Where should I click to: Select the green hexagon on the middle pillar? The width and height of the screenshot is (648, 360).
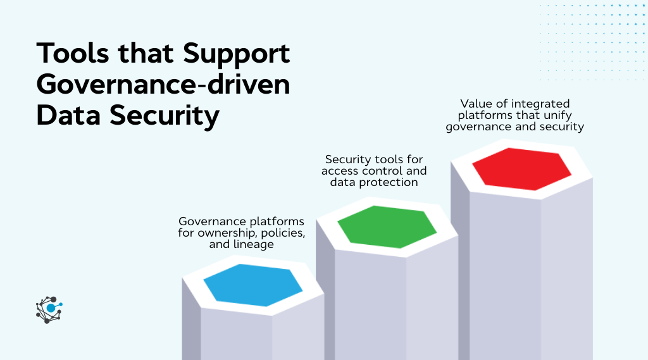pos(387,227)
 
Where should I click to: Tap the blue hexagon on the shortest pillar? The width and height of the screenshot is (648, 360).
pos(253,285)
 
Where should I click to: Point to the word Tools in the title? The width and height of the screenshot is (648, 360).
pos(75,54)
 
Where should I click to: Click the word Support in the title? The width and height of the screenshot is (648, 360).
pos(237,54)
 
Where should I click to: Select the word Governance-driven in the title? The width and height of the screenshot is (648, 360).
pos(163,85)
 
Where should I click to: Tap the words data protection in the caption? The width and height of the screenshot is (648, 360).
pos(374,182)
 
